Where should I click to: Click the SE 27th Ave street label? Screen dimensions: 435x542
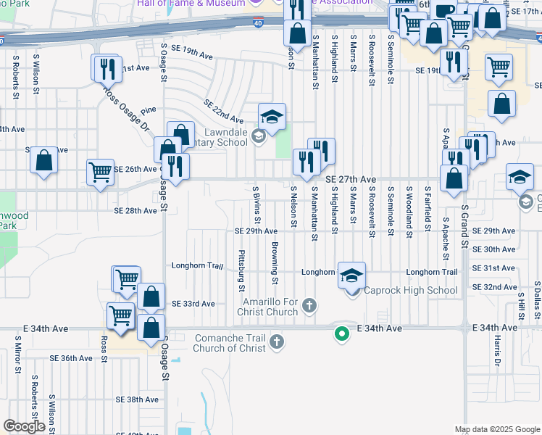pos(351,179)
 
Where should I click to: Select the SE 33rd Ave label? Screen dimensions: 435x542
pos(193,304)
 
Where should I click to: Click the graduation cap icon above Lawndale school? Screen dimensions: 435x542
pos(272,117)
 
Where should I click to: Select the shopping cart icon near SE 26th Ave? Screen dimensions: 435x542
pos(100,173)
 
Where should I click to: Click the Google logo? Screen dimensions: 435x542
pos(24,426)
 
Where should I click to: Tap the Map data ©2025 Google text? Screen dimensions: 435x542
pos(496,429)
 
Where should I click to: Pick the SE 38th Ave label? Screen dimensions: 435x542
pos(137,399)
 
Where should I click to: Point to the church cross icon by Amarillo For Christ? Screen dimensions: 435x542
pos(309,304)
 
